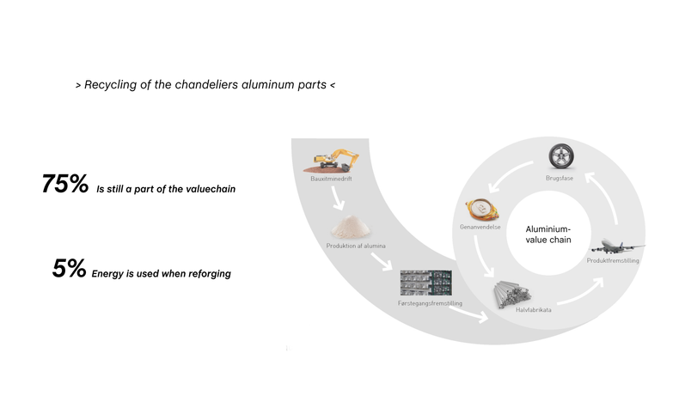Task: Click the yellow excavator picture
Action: [x=331, y=161]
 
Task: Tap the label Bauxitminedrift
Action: [x=331, y=179]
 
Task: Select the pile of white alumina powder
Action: [x=351, y=227]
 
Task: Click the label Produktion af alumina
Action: [x=356, y=246]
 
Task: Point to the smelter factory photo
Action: [x=425, y=283]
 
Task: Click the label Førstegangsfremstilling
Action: [x=430, y=303]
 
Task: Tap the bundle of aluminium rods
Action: [x=511, y=294]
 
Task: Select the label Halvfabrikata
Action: [x=533, y=310]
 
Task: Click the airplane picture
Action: [x=617, y=246]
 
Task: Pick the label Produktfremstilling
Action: [x=613, y=261]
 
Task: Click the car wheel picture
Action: [x=561, y=156]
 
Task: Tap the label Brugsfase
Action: [x=560, y=179]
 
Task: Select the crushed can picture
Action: [x=482, y=210]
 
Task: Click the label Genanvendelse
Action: [x=480, y=228]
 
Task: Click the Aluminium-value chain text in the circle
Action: [x=548, y=234]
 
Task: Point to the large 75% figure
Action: [x=64, y=184]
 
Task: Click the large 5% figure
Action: [x=69, y=268]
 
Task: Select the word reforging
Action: [x=210, y=274]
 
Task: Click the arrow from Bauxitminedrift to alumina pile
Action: [x=338, y=198]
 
